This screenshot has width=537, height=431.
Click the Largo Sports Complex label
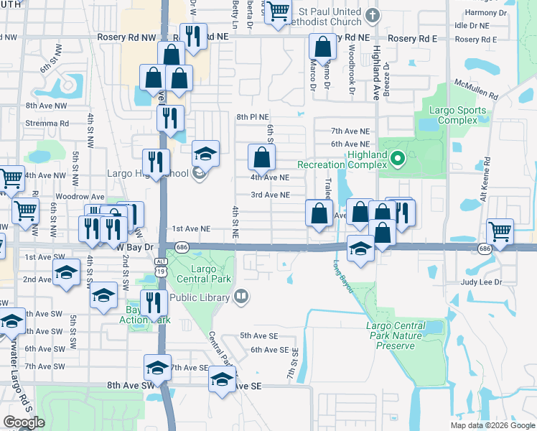457,116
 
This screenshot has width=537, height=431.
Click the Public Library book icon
241,297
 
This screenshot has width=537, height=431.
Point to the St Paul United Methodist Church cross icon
371,15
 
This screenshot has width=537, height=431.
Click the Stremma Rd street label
47,123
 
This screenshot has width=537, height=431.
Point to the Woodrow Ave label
80,197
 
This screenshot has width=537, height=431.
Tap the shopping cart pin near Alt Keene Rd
500,231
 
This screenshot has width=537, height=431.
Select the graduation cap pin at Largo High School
205,152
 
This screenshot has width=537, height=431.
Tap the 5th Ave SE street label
258,335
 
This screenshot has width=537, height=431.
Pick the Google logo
24,422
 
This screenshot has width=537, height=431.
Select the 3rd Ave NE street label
270,195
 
